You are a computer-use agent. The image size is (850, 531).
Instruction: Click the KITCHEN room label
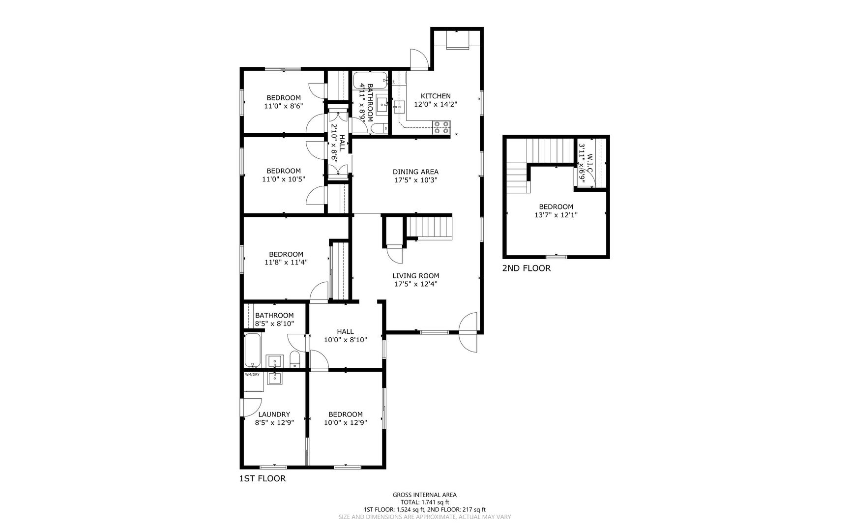(435, 96)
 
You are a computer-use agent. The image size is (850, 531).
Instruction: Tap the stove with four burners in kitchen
(441, 127)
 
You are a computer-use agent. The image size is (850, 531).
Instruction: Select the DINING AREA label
(415, 172)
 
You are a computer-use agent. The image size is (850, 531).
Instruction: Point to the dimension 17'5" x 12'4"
(415, 284)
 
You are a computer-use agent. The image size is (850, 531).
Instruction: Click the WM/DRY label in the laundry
(252, 375)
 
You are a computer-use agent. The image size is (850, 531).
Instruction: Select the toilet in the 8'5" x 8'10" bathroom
(295, 359)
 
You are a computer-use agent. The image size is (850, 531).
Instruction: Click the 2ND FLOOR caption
(526, 268)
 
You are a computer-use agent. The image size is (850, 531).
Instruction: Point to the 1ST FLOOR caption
(262, 478)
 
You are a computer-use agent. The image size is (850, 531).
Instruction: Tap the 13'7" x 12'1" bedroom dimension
(556, 215)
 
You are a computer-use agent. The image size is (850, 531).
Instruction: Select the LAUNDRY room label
(274, 414)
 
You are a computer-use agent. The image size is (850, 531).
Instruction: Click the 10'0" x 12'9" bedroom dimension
(345, 422)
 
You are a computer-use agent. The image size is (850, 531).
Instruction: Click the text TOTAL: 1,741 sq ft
(424, 502)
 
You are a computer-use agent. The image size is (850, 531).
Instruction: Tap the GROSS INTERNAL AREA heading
(424, 495)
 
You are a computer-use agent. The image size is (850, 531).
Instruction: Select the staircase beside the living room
(429, 228)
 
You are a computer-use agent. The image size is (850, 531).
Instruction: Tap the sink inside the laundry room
(273, 378)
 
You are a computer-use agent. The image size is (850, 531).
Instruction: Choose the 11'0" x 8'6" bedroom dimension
(284, 106)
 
